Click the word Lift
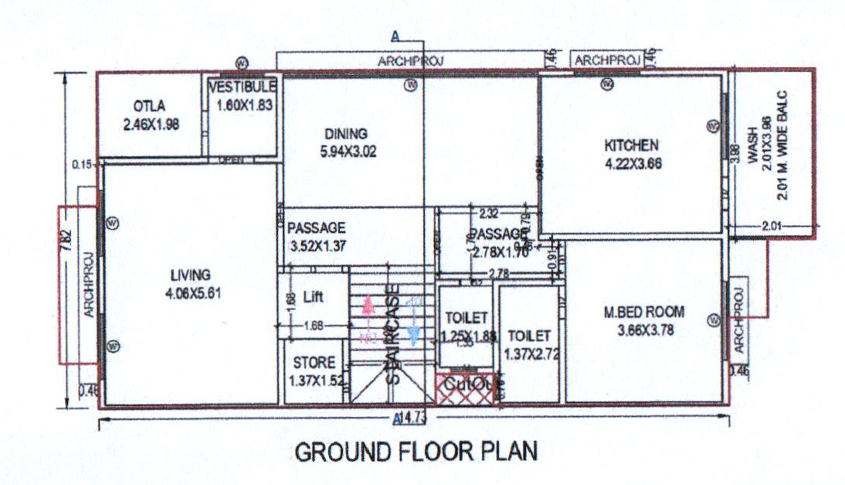click(313, 296)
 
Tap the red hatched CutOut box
click(465, 388)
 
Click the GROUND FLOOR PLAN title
click(416, 451)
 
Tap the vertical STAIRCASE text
click(394, 334)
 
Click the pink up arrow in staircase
click(368, 307)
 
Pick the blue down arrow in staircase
click(413, 330)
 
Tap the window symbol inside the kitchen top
click(607, 84)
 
